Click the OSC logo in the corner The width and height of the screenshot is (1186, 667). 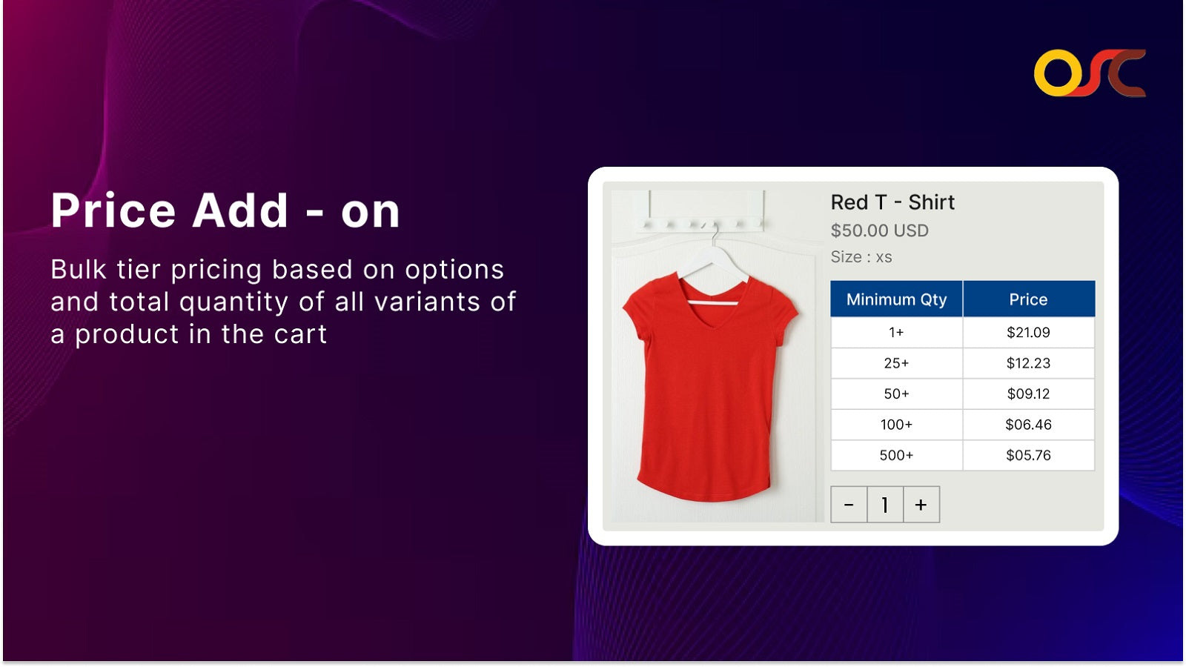point(1089,73)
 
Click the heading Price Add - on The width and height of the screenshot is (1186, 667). point(225,211)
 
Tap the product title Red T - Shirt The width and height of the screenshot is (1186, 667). point(892,202)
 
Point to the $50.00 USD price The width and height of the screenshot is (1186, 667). point(879,230)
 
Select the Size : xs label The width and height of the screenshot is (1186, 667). point(861,257)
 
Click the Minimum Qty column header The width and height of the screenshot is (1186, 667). point(896,299)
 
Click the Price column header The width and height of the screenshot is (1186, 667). point(1028,299)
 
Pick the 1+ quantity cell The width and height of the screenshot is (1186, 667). point(896,333)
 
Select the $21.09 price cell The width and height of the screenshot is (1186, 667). point(1028,333)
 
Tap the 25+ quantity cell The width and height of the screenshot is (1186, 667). point(896,363)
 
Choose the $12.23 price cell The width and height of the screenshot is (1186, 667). point(1028,363)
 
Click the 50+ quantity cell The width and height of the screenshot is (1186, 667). point(896,394)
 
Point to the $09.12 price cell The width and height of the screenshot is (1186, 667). point(1028,394)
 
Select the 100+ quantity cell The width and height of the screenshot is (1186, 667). point(896,425)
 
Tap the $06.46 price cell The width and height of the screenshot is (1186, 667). point(1028,425)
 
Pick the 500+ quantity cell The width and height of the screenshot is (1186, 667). point(896,455)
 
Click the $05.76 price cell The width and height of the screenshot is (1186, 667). point(1028,455)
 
